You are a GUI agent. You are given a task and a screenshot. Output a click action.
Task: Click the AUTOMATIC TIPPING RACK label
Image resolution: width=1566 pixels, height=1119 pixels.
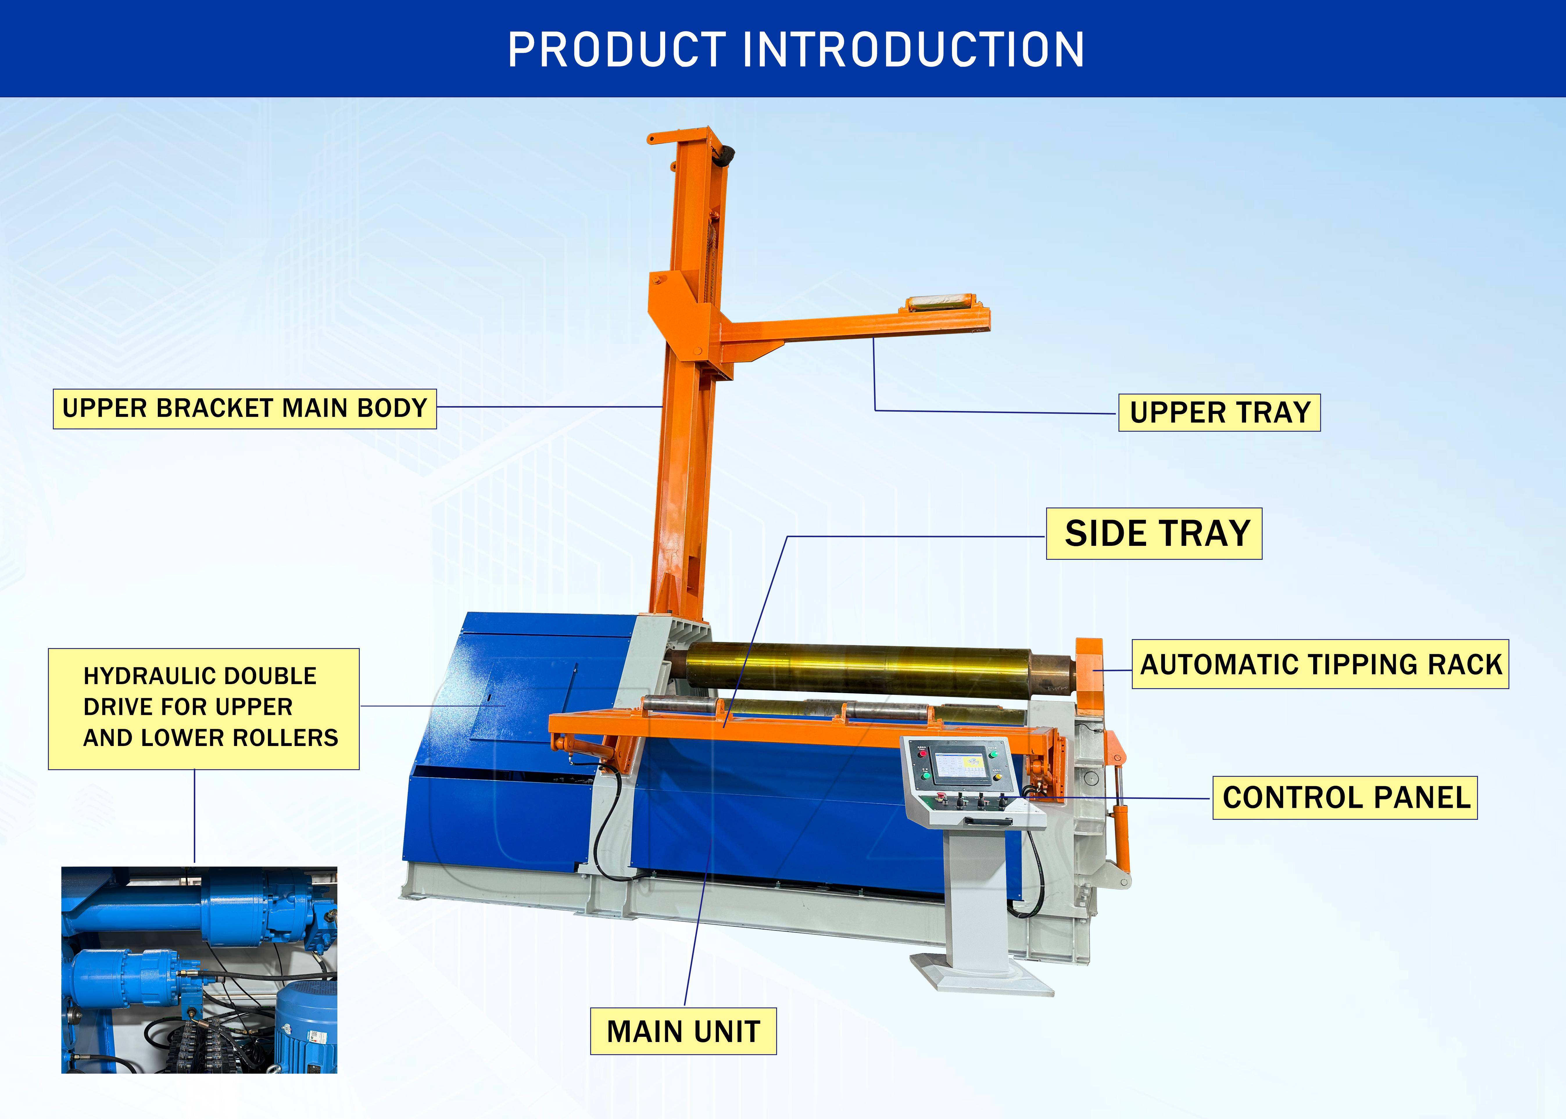(1320, 664)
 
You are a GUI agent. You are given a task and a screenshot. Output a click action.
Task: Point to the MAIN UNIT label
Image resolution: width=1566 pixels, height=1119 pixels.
(683, 1032)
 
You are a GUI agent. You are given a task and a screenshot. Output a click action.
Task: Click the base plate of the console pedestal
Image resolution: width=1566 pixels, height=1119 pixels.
(982, 975)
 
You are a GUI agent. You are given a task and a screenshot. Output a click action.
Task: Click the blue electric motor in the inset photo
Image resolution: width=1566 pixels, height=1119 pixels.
(307, 1027)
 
